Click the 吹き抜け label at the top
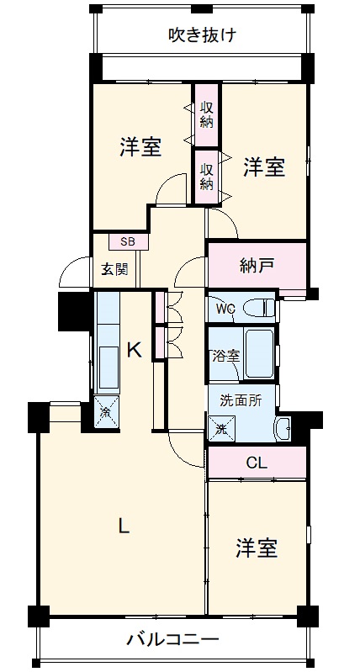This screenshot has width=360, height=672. coord(202,34)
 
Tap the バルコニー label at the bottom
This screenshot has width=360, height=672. coord(172,639)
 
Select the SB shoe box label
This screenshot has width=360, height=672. coord(127,241)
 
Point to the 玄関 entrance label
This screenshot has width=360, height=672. coord(114,270)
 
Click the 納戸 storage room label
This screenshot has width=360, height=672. coord(257,266)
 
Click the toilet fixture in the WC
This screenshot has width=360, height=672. coord(258,308)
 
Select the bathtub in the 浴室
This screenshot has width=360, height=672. coord(259,353)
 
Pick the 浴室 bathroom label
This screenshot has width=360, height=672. coord(226,356)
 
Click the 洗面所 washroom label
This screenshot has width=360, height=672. coord(241,400)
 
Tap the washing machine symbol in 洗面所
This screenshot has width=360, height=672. coord(222,428)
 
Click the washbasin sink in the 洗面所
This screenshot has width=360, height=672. coord(283,428)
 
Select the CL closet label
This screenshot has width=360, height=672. coord(257,463)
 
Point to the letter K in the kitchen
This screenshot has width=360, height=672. coord(135,351)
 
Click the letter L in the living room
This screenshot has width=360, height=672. coord(124,526)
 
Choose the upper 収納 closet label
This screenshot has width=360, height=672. coord(208,115)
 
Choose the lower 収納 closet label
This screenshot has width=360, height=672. coord(208,177)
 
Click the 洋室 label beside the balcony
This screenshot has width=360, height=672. coord(257,548)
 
